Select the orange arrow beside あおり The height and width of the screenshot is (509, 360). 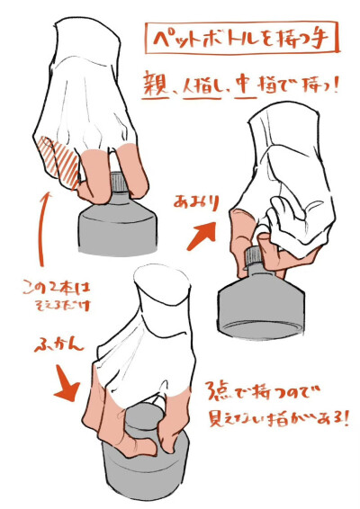203,234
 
